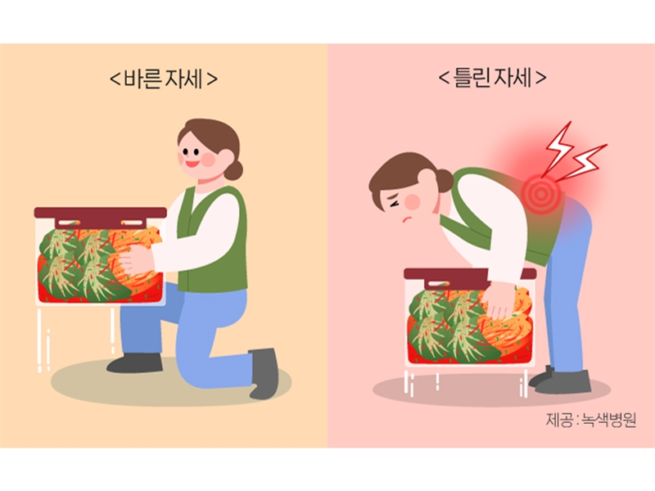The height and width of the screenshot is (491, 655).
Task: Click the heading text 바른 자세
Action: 163,79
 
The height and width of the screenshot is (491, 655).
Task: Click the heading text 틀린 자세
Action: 493,78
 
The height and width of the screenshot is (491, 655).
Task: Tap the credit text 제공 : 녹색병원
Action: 591,420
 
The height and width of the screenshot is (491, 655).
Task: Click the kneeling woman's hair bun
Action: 233,169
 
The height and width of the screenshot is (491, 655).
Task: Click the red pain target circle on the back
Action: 541,193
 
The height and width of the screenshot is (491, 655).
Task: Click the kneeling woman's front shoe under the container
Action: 134,363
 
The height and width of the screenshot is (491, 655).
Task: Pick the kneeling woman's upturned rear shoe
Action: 264,373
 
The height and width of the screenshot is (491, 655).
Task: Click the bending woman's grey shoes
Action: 561,381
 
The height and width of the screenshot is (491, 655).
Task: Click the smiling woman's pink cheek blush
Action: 209,159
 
